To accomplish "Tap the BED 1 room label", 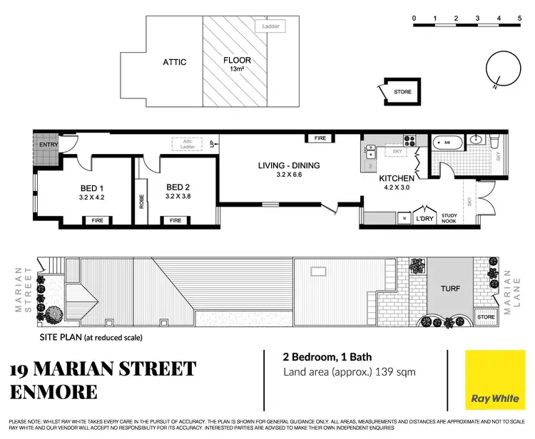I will (93, 189).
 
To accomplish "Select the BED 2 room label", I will (178, 189).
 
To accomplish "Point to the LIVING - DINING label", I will (289, 166).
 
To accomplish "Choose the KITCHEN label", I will (396, 179).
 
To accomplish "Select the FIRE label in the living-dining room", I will (320, 138).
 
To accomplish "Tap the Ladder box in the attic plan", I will (271, 26).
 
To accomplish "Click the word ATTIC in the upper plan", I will (174, 62).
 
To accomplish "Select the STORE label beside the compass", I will (403, 91).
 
